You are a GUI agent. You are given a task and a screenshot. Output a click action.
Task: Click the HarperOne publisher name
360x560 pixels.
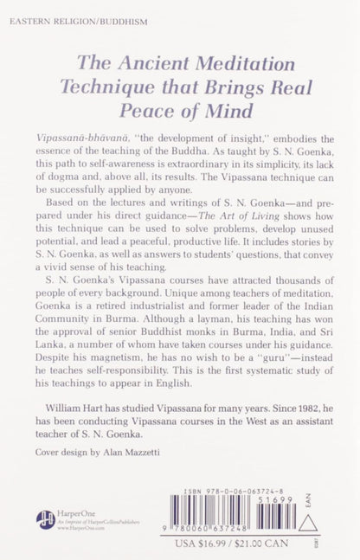pos(84,511)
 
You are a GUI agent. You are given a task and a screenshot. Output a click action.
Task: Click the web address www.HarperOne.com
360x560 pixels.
pos(77,526)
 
